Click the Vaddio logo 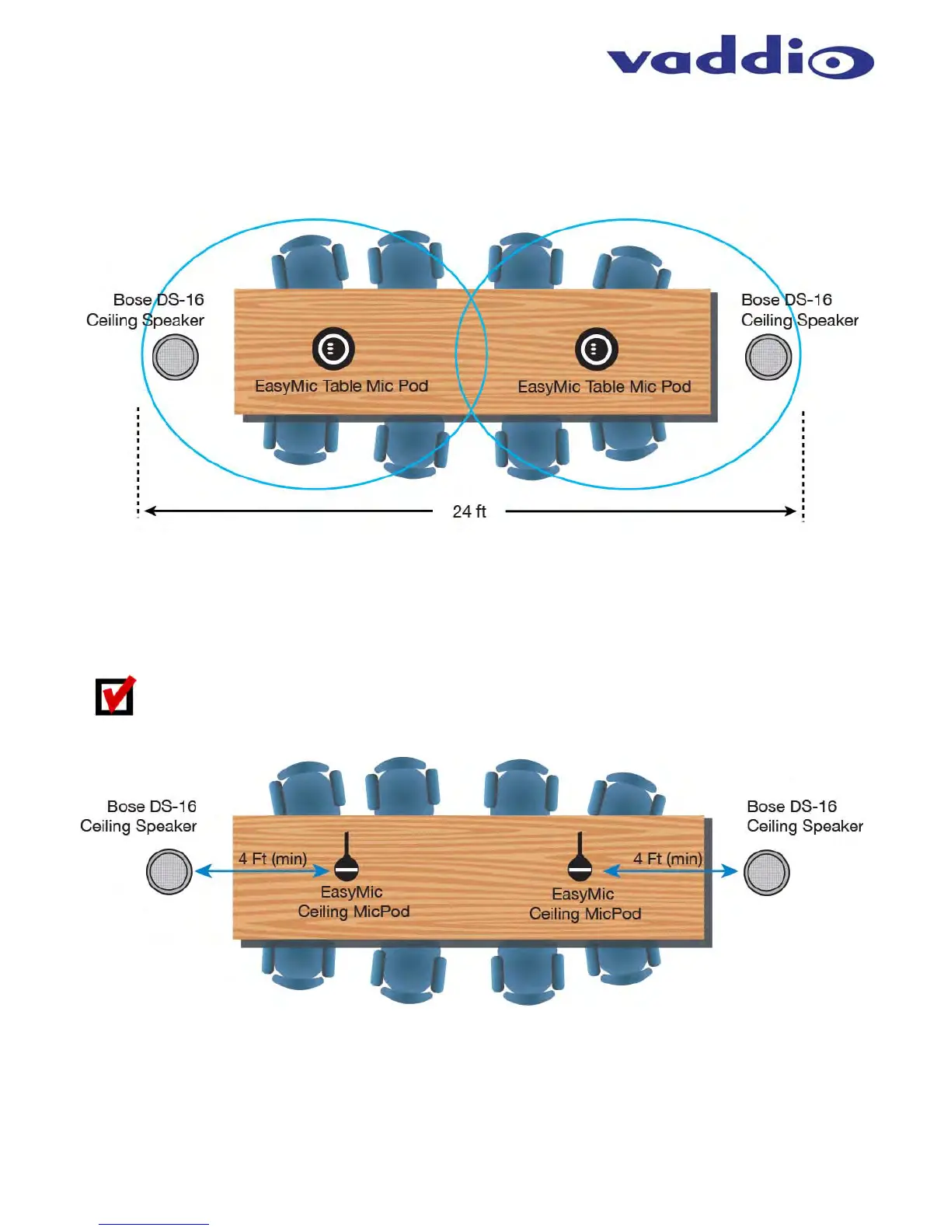[740, 58]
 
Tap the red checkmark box [115, 696]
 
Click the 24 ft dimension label [469, 511]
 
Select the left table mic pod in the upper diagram [333, 349]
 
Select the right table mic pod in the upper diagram [597, 349]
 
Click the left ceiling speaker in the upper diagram [176, 357]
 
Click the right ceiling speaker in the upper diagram [768, 357]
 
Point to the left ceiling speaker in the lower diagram [169, 871]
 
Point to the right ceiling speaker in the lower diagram [766, 872]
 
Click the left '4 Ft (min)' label [273, 859]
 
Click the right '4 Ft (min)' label [667, 859]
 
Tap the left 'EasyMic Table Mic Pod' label [342, 386]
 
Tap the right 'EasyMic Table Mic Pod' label [604, 387]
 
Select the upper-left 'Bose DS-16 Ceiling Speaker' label [146, 310]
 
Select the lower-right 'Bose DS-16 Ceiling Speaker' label [805, 816]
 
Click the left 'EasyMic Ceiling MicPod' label [354, 901]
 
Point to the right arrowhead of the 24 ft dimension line [792, 511]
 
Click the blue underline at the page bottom [153, 1225]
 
